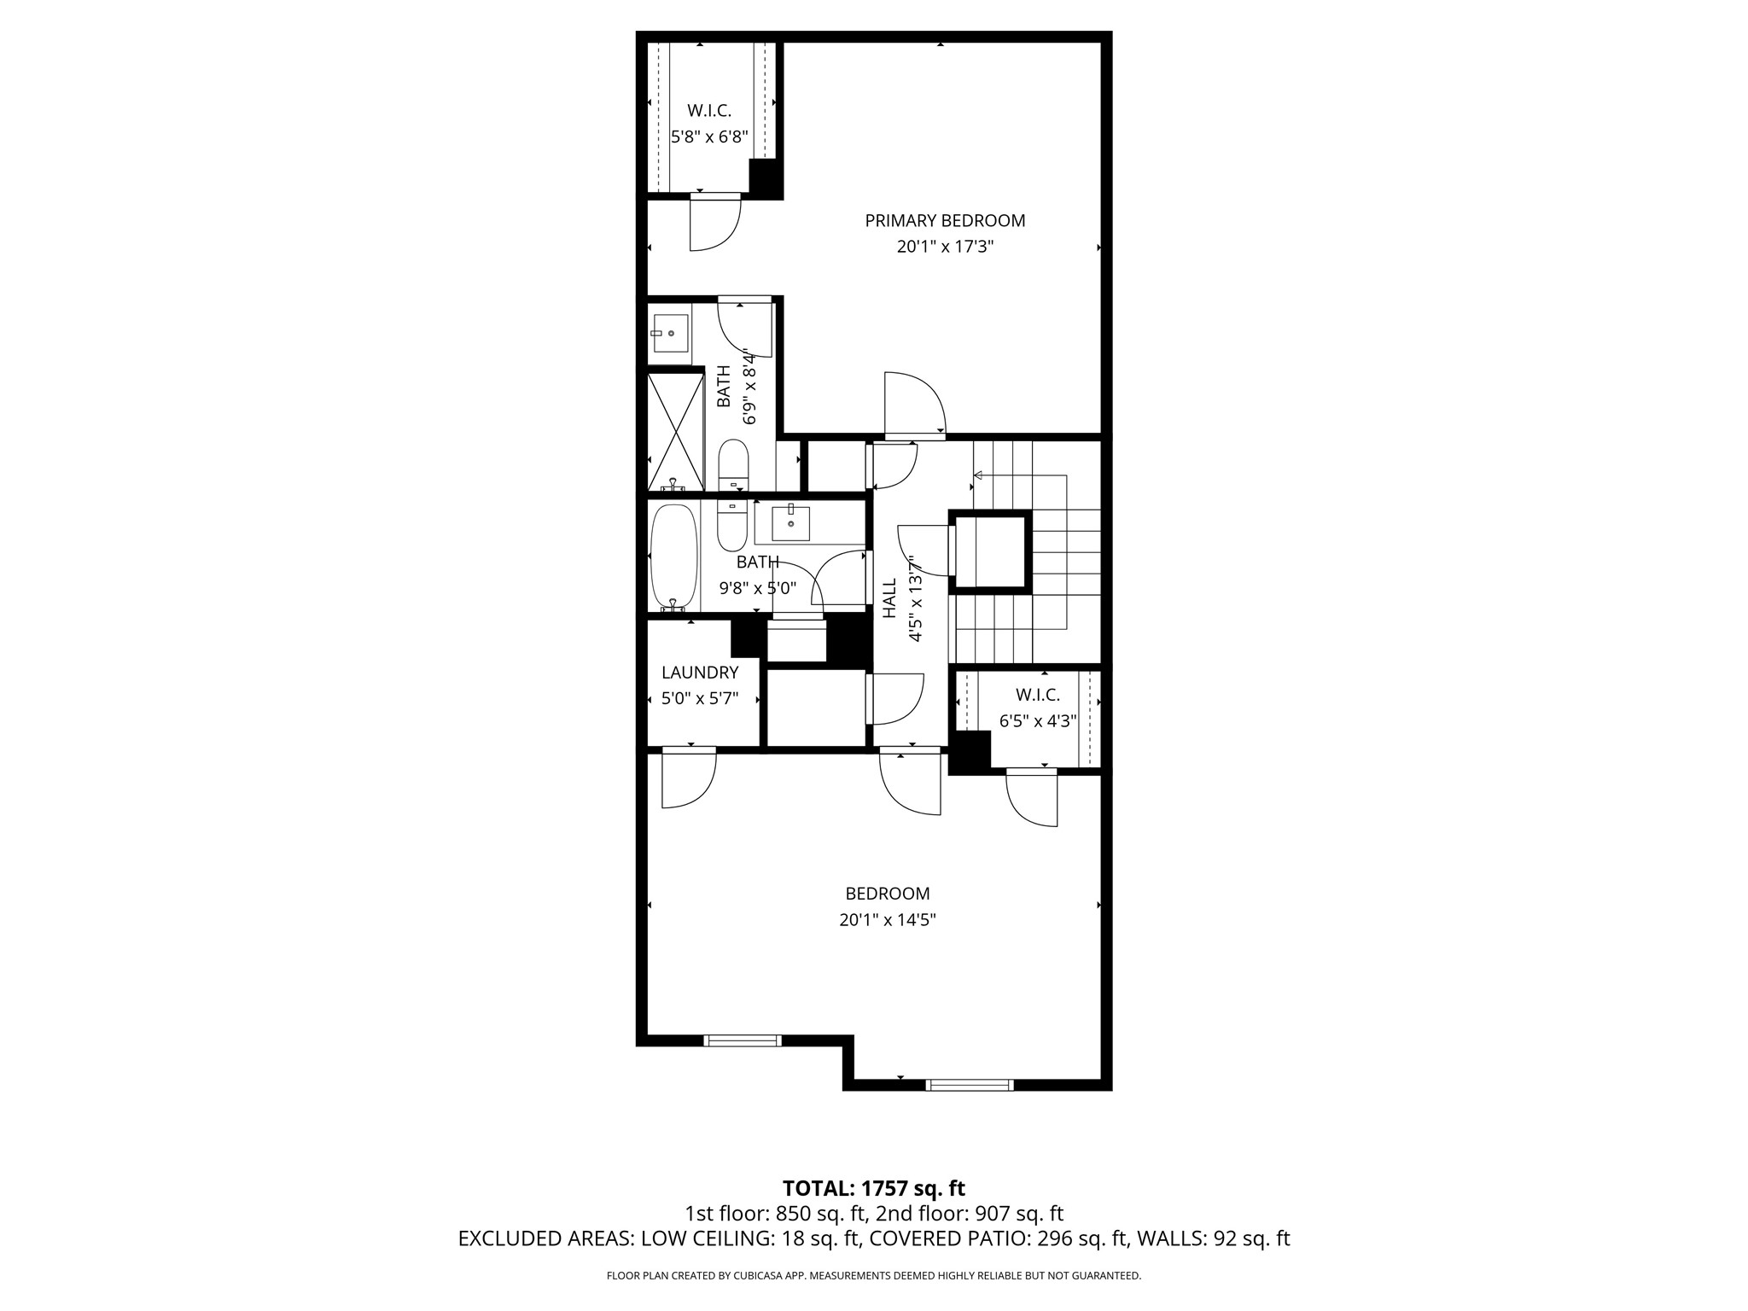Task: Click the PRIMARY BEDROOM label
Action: [x=945, y=221]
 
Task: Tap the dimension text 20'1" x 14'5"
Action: [x=887, y=920]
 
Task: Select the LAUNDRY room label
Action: [x=700, y=673]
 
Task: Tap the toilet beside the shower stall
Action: [x=733, y=463]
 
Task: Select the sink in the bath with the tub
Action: [x=790, y=523]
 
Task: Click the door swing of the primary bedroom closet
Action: [x=714, y=224]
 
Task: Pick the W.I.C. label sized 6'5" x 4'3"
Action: [x=1037, y=696]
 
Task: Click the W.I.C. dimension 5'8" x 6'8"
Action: [x=709, y=137]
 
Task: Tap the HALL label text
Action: [x=889, y=597]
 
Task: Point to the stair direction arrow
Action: [x=979, y=475]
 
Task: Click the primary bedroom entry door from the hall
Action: [x=913, y=405]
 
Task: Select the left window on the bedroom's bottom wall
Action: [x=742, y=1040]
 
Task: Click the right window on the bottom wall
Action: [x=970, y=1086]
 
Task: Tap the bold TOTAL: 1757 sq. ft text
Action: [x=873, y=1188]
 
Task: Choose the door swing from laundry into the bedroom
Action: [x=688, y=778]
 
